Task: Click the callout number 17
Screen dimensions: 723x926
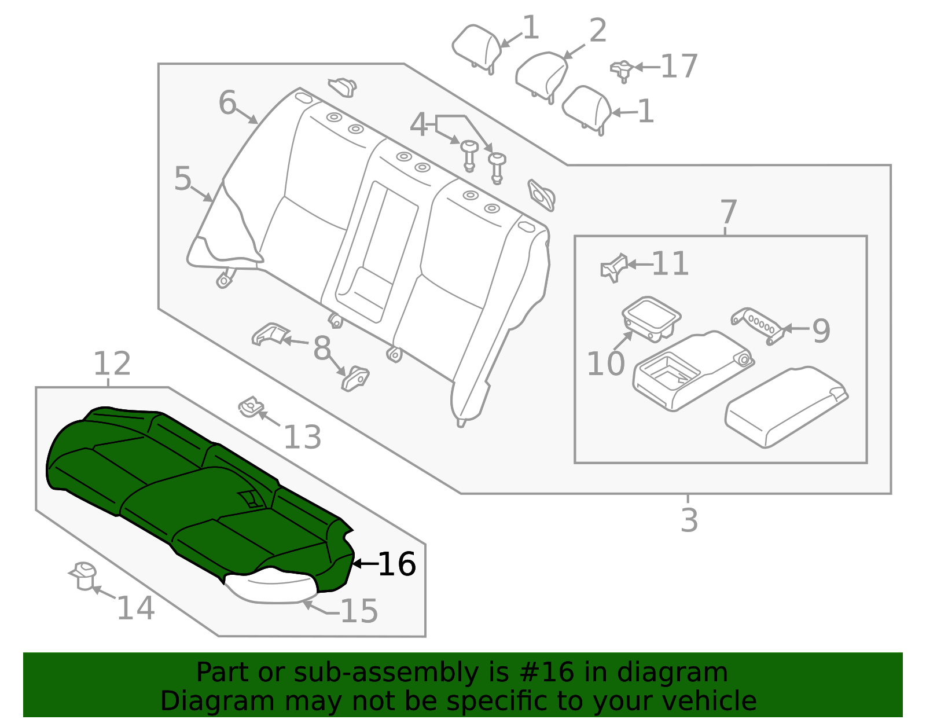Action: pos(679,67)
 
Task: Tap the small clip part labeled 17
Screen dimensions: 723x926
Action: pos(622,69)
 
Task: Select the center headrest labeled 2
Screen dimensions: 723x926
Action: pos(542,74)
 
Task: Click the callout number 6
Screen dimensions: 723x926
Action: pos(227,103)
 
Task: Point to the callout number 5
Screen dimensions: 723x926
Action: pos(182,179)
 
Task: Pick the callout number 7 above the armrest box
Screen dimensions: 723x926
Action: pos(728,212)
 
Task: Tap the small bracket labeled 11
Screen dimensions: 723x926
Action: pos(614,267)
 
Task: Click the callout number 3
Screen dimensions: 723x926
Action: pos(689,520)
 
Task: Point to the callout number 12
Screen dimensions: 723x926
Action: pos(112,364)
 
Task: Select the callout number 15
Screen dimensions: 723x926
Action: pos(359,611)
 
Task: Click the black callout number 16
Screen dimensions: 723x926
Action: pos(396,564)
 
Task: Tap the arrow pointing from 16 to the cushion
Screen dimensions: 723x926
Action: pos(364,563)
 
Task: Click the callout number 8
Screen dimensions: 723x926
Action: pos(322,348)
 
